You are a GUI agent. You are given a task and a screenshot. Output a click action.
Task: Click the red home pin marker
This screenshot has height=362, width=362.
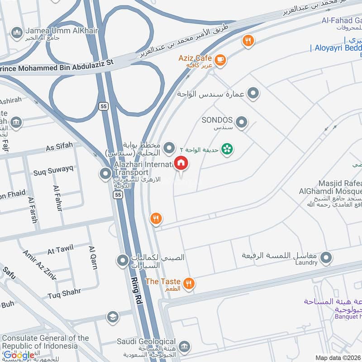(181, 163)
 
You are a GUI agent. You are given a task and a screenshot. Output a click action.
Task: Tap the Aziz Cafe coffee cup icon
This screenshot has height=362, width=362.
(220, 60)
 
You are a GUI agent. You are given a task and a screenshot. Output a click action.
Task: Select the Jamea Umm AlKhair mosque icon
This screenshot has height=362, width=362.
(17, 33)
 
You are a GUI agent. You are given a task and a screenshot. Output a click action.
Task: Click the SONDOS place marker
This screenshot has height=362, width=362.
(242, 122)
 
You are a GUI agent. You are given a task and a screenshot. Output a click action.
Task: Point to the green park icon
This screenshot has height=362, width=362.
(227, 148)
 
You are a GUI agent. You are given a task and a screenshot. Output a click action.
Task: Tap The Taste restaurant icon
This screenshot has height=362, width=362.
(189, 284)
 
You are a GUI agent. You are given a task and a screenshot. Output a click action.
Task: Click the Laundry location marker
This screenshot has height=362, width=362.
(325, 258)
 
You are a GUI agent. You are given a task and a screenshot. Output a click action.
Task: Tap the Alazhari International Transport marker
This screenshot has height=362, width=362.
(105, 173)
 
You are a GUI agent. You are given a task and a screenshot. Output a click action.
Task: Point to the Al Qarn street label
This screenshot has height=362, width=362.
(93, 257)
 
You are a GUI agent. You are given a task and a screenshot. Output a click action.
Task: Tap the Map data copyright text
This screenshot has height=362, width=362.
(337, 358)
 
